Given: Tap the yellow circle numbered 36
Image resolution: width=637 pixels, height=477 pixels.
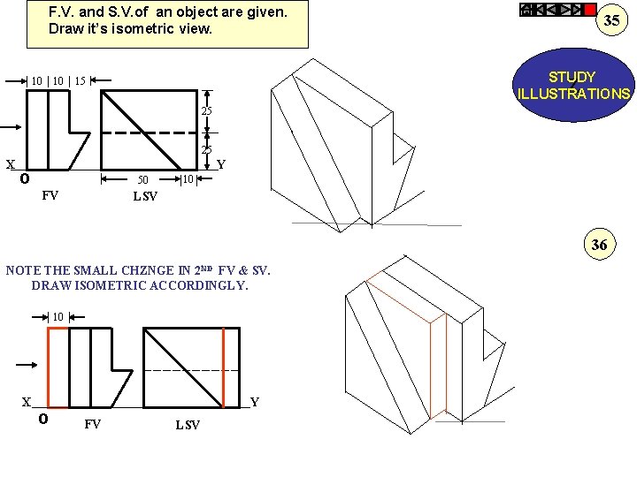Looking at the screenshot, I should tap(599, 245).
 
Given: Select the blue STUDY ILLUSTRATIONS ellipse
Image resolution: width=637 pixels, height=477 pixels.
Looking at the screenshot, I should tap(572, 86).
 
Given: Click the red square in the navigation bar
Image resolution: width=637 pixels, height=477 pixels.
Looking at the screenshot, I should tap(590, 10).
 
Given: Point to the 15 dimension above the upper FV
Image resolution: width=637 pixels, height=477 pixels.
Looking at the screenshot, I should tap(80, 81).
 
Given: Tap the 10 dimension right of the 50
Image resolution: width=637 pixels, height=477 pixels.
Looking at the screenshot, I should tap(188, 180).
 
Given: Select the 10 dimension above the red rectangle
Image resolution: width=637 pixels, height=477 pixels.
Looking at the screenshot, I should tap(58, 316).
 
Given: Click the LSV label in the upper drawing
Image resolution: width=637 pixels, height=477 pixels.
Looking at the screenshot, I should tap(145, 196).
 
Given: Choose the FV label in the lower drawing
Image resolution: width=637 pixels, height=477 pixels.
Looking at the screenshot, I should tap(92, 424).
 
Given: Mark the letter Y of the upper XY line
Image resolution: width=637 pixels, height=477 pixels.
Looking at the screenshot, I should tap(221, 164).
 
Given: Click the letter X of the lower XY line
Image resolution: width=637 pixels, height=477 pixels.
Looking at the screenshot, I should tap(27, 402).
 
